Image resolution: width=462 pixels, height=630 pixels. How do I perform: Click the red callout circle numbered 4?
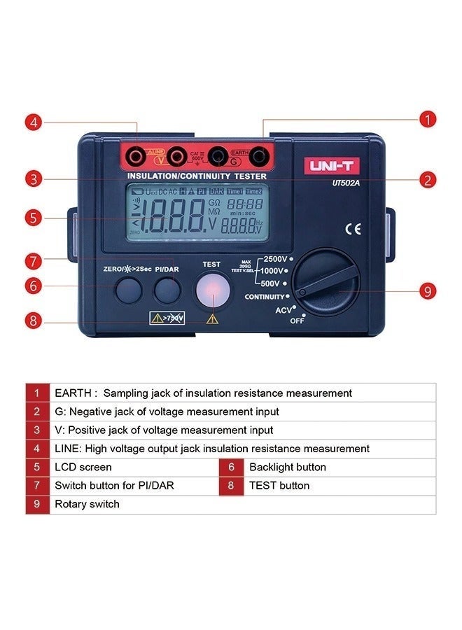pyautogui.click(x=34, y=122)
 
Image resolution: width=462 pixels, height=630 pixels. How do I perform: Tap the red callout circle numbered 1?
pyautogui.click(x=428, y=119)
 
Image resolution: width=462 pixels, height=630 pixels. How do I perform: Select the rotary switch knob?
pyautogui.click(x=325, y=283)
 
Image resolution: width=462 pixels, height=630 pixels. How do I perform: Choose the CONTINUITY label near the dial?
pyautogui.click(x=264, y=297)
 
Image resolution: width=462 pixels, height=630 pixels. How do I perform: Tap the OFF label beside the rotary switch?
pyautogui.click(x=297, y=320)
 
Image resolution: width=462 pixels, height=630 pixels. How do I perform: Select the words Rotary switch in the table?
pyautogui.click(x=87, y=504)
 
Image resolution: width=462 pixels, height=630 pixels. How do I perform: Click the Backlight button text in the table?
pyautogui.click(x=288, y=467)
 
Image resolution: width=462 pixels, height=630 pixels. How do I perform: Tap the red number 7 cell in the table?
pyautogui.click(x=38, y=486)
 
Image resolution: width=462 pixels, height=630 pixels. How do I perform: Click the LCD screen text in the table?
pyautogui.click(x=83, y=467)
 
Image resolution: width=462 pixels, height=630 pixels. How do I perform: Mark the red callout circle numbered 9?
pyautogui.click(x=428, y=290)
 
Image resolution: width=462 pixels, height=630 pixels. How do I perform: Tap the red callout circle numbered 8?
pyautogui.click(x=34, y=321)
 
